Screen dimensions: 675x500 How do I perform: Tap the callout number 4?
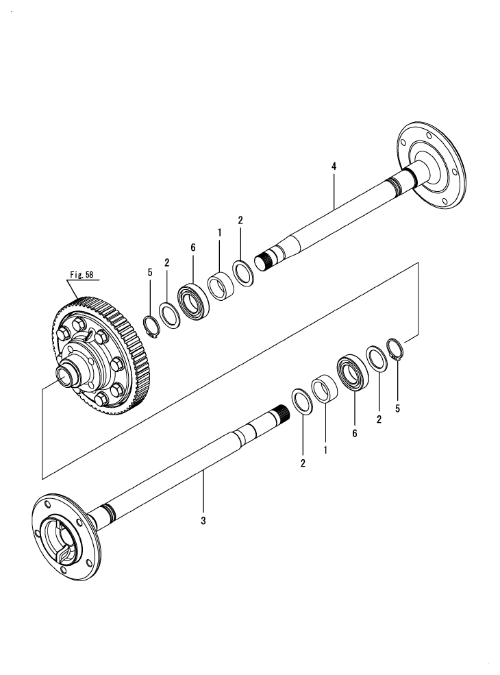click(x=334, y=167)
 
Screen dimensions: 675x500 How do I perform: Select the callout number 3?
click(x=203, y=520)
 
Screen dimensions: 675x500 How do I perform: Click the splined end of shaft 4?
click(x=264, y=260)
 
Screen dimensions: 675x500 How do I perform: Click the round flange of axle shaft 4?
click(x=431, y=166)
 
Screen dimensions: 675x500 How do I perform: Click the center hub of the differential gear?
click(x=68, y=375)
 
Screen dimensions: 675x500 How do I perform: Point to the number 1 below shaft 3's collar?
click(x=325, y=451)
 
